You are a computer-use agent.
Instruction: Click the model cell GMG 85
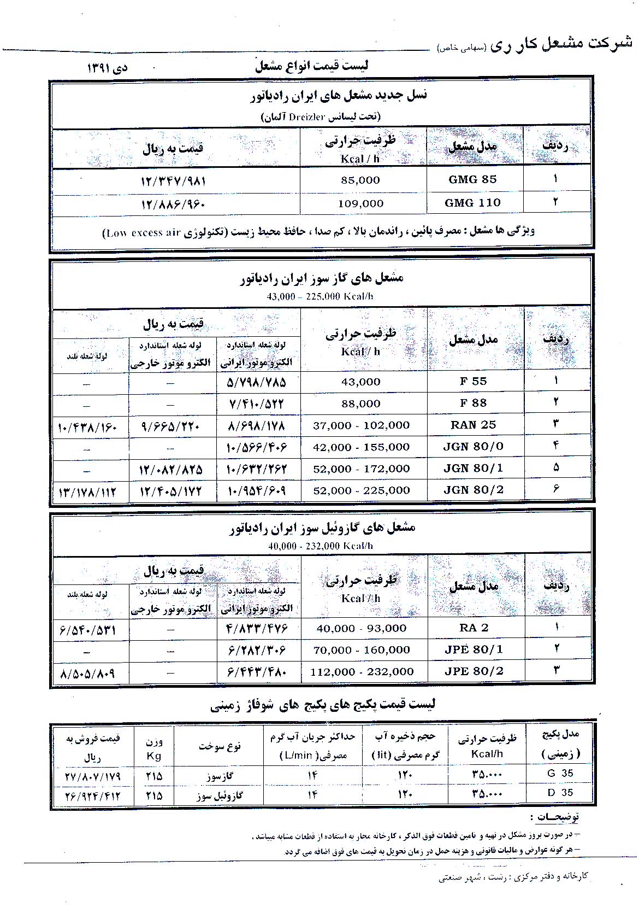click(472, 179)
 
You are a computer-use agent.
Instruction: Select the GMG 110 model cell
click(472, 203)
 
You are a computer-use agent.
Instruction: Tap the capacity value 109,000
click(360, 203)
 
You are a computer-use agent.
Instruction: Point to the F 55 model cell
click(473, 381)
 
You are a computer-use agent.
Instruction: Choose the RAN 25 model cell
click(474, 425)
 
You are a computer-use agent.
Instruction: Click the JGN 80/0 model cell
click(474, 447)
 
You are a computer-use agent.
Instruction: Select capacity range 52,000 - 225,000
click(362, 490)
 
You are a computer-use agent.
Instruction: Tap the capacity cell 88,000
click(360, 403)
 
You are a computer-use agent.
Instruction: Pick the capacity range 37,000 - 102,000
click(362, 425)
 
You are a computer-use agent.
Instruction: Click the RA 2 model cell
click(474, 628)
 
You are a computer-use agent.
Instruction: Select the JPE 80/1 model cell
click(474, 649)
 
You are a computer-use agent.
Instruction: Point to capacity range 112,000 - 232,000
click(362, 671)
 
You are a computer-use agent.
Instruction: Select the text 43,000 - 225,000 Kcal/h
click(320, 296)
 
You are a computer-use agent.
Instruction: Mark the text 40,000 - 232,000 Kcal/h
click(320, 546)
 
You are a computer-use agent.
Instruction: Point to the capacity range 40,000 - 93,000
click(362, 628)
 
